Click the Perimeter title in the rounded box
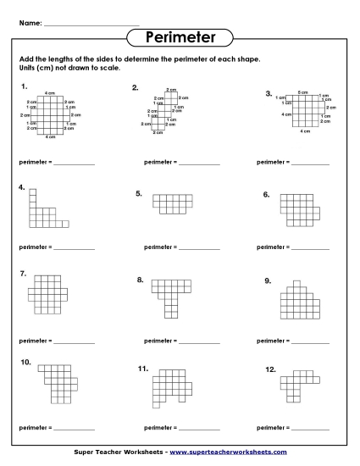179,37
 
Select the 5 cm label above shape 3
303,92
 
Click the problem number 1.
25,86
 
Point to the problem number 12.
270,369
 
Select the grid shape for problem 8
169,293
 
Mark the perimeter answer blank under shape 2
199,161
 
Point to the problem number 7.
23,273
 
